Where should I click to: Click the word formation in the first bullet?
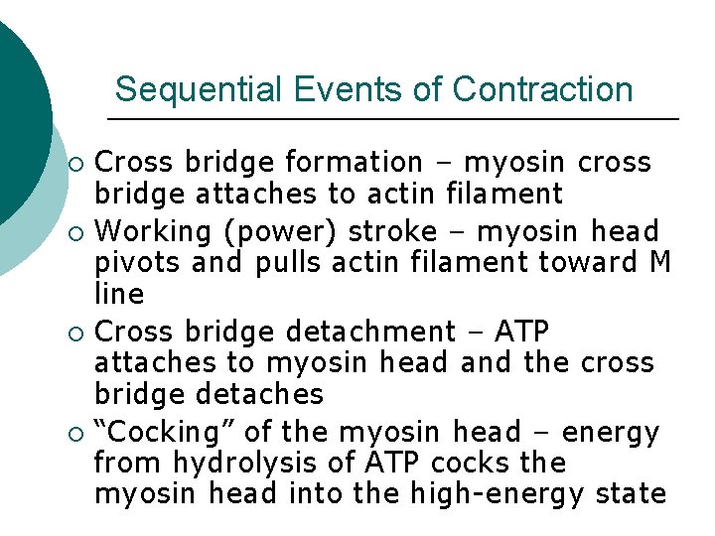pyautogui.click(x=353, y=162)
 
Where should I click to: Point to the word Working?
pyautogui.click(x=155, y=232)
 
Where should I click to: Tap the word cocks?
pyautogui.click(x=464, y=464)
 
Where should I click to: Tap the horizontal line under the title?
pyautogui.click(x=392, y=119)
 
